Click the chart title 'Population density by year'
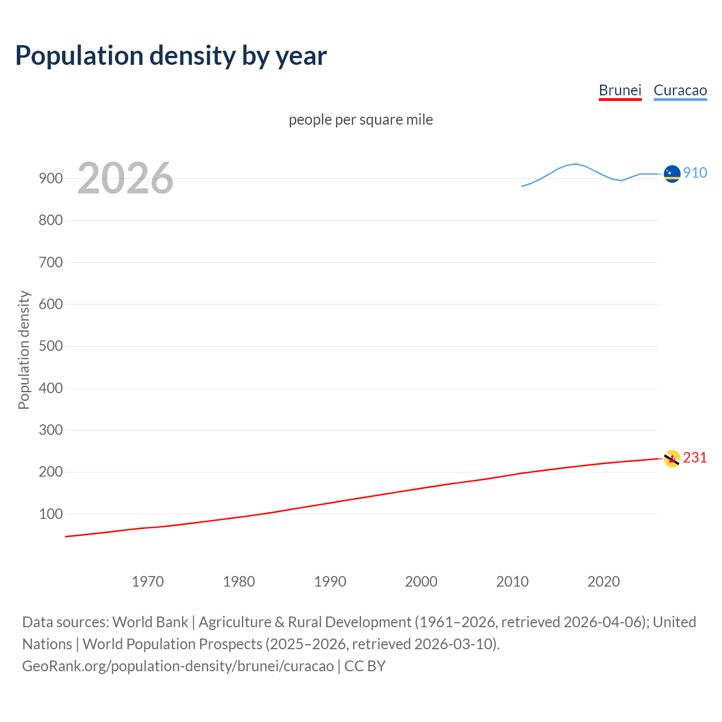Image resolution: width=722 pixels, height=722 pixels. coord(171,55)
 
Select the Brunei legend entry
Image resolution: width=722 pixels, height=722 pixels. coord(620,90)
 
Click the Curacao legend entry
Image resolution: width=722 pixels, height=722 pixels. coord(680,90)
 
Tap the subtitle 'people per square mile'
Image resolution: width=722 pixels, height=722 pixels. coord(360,120)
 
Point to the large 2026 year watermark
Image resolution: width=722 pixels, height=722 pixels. coord(125,178)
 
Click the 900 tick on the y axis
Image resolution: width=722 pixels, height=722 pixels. coord(51,178)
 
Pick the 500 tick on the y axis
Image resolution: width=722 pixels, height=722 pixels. coord(51,346)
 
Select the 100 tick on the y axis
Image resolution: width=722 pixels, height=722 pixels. coord(51,514)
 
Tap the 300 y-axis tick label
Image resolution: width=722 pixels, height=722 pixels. coord(51,430)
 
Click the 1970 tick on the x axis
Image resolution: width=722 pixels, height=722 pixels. coord(148,582)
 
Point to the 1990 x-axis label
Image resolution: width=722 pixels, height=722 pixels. coord(330,582)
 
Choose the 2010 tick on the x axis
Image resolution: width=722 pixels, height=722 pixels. coord(512,582)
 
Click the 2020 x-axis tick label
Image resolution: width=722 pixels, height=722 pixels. coord(604,582)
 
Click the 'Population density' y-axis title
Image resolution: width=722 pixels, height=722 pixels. coord(24,350)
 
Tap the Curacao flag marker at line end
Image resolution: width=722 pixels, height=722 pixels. coord(672,174)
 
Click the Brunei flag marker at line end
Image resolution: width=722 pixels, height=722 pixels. coord(672,459)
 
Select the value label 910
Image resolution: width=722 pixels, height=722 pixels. coord(695,173)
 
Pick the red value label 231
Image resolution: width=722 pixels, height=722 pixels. coord(695,457)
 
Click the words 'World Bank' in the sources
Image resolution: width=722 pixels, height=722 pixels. coord(150,622)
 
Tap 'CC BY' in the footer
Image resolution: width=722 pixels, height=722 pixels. coord(365,666)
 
